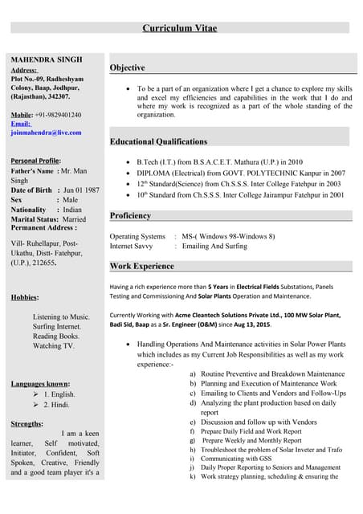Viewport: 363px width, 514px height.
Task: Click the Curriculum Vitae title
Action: point(181,28)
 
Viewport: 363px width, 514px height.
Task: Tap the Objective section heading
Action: point(127,68)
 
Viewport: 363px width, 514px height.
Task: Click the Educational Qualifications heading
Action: point(158,142)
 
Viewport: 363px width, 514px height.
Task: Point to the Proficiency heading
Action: point(130,216)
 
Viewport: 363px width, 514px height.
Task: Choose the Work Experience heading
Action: point(141,266)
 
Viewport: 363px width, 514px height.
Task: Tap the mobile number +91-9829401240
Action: point(58,115)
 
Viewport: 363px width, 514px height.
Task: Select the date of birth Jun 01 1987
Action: point(81,190)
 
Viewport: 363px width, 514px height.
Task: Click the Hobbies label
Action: point(24,297)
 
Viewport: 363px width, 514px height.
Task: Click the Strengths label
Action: point(27,423)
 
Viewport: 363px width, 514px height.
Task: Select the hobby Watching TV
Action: point(53,346)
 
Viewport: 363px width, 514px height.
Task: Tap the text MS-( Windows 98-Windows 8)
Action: point(228,236)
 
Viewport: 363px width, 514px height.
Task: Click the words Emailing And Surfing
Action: point(214,246)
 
